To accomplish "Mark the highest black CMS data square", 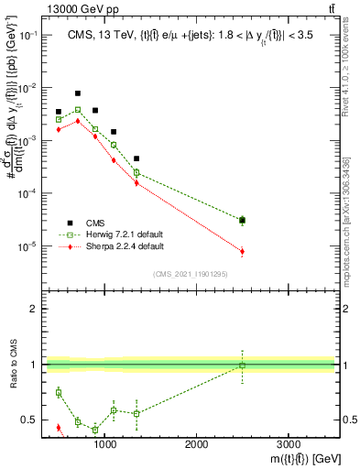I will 78,93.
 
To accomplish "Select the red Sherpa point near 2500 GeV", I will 242,251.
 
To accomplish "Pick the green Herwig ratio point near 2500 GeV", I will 242,365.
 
